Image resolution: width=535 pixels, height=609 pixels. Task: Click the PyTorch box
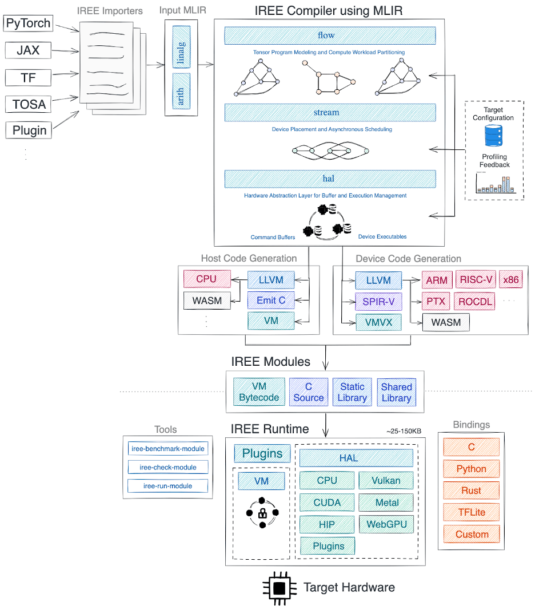(29, 24)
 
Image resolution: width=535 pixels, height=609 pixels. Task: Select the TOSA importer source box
(29, 104)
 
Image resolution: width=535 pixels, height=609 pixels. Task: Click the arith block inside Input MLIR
(181, 92)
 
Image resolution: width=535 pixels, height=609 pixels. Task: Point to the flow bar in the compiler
(330, 35)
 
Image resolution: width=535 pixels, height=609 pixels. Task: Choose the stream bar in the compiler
(330, 112)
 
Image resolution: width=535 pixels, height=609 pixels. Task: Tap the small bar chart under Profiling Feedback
(495, 183)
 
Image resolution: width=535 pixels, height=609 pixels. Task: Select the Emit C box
(271, 299)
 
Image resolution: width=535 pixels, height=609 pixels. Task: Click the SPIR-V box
(378, 301)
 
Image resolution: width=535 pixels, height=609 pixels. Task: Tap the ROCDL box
(474, 301)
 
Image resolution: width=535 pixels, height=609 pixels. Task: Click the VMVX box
(378, 322)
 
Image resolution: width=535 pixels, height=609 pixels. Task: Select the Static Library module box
(352, 392)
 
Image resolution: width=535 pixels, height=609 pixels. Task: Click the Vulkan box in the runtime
(386, 481)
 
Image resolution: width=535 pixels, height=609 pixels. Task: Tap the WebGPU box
(386, 524)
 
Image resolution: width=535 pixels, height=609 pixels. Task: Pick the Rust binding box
(472, 491)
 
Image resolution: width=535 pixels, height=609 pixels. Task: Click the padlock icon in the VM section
(262, 512)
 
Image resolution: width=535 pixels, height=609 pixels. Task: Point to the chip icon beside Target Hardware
(279, 588)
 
